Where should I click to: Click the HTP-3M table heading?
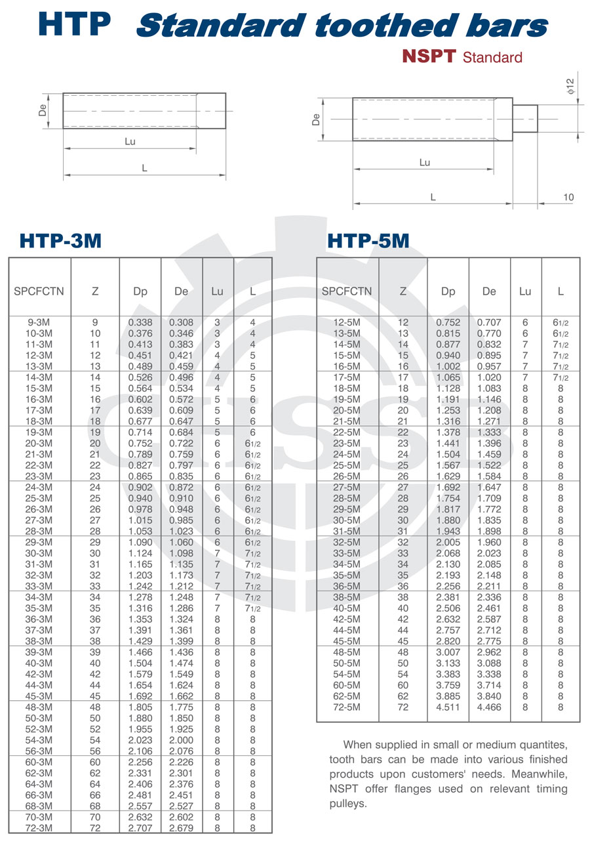click(x=60, y=241)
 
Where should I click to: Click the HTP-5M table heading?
click(x=368, y=241)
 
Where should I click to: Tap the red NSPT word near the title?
click(x=429, y=57)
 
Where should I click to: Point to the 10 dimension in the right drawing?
click(x=568, y=198)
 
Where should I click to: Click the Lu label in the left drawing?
click(x=130, y=141)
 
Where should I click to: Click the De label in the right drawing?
click(x=316, y=119)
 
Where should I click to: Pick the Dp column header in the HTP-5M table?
click(x=448, y=291)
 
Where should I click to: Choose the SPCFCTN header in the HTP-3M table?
click(x=39, y=291)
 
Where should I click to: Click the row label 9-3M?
click(x=39, y=322)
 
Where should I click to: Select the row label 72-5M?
click(x=347, y=707)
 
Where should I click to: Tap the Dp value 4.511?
click(x=448, y=707)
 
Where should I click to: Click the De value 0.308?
click(x=182, y=322)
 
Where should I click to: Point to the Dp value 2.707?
click(x=140, y=828)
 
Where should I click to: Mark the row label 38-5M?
click(x=347, y=597)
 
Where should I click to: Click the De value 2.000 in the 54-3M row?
click(x=182, y=740)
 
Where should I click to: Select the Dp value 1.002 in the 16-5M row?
click(x=448, y=366)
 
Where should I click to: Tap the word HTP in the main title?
click(x=75, y=24)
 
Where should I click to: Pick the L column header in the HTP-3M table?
click(x=253, y=291)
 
